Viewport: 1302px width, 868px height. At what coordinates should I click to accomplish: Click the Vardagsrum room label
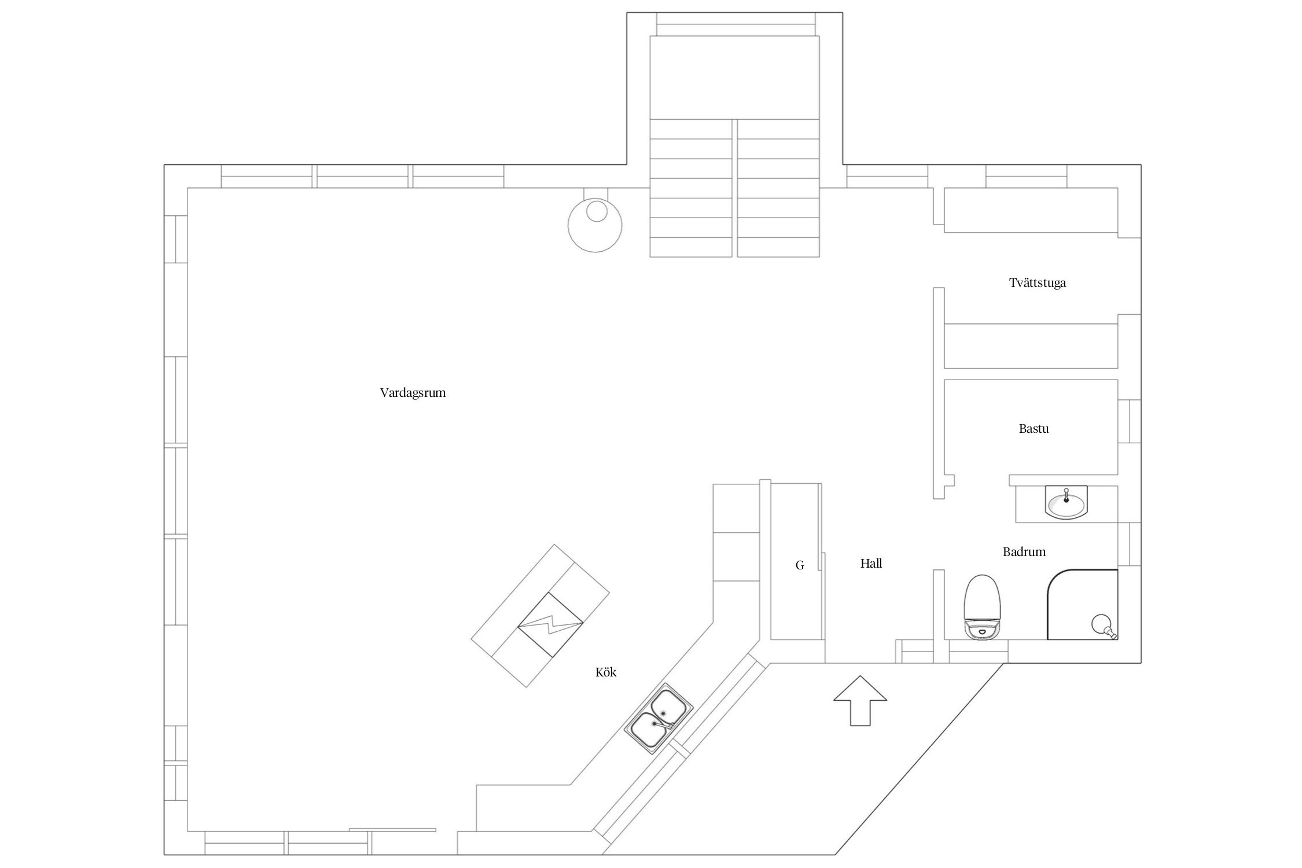click(413, 393)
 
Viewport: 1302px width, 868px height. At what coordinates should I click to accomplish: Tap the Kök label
click(606, 672)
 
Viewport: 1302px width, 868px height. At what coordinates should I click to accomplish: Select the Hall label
click(871, 564)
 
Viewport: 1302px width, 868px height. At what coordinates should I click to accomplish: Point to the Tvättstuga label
click(1037, 283)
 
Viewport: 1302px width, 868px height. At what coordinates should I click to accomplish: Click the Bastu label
click(1033, 429)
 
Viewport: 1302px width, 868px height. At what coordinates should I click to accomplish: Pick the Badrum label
click(1024, 552)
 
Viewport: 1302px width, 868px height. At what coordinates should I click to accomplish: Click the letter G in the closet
click(800, 565)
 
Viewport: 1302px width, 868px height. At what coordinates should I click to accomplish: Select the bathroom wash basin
click(1066, 503)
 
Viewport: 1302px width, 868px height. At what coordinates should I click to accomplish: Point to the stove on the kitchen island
click(550, 624)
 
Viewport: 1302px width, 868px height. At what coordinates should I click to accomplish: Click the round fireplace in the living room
click(595, 225)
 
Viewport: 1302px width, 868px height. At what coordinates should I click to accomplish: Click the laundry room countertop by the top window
click(1030, 210)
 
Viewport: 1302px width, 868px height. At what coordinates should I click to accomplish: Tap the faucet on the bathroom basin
click(1066, 494)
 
